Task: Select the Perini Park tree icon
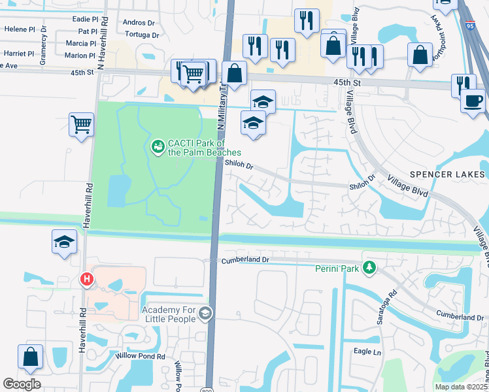click(369, 267)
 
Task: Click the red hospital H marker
click(86, 280)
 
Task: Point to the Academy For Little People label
click(168, 314)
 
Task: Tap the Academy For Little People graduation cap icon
click(205, 314)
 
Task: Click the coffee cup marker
click(473, 101)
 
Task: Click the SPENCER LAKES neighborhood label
click(448, 174)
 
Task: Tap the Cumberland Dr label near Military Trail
click(246, 259)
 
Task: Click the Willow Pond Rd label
click(142, 357)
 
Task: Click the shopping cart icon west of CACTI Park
click(81, 123)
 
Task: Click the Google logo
click(22, 384)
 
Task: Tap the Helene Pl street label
click(20, 29)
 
